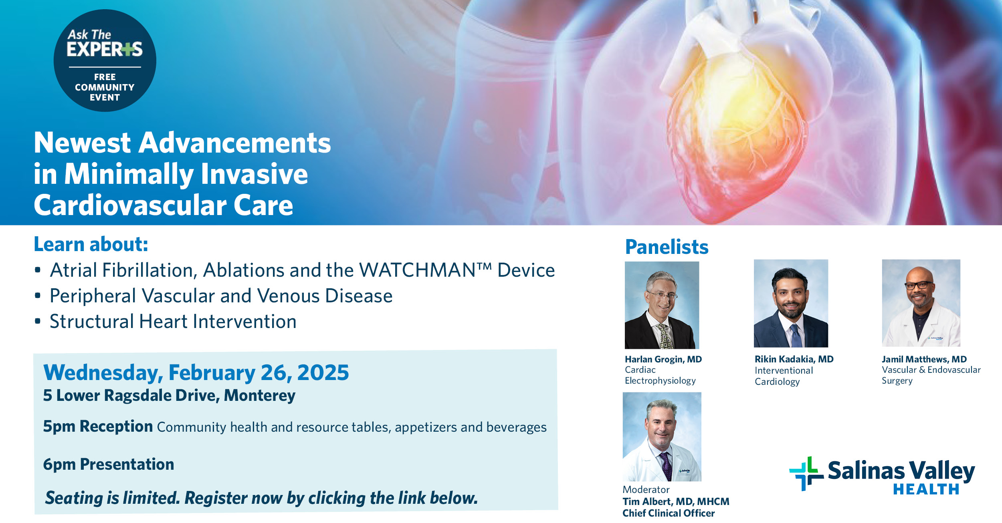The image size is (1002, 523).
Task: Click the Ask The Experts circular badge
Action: [x=105, y=60]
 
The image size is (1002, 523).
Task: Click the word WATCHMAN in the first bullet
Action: [x=417, y=270]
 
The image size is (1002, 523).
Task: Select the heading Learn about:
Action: [x=91, y=244]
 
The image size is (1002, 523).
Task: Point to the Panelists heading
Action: [x=667, y=247]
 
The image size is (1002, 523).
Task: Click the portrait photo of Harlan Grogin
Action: [x=662, y=305]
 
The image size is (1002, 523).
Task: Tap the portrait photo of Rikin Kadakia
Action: [x=791, y=303]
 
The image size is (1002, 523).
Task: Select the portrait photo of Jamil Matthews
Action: [x=921, y=303]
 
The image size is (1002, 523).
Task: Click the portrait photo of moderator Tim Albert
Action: [x=662, y=437]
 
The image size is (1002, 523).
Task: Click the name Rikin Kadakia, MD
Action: [x=794, y=359]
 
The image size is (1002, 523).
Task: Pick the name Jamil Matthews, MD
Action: [x=924, y=359]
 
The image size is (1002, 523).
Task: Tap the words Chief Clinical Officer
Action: [x=669, y=513]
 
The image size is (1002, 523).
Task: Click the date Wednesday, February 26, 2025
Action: [x=196, y=372]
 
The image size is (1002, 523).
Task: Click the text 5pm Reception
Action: [x=98, y=426]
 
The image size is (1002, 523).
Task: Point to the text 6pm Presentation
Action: [x=109, y=465]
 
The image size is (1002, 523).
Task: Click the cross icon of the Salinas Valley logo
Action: [x=806, y=474]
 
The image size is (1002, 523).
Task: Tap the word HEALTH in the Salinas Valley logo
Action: [x=926, y=489]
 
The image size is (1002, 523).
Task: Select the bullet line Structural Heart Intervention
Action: [x=173, y=322]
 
